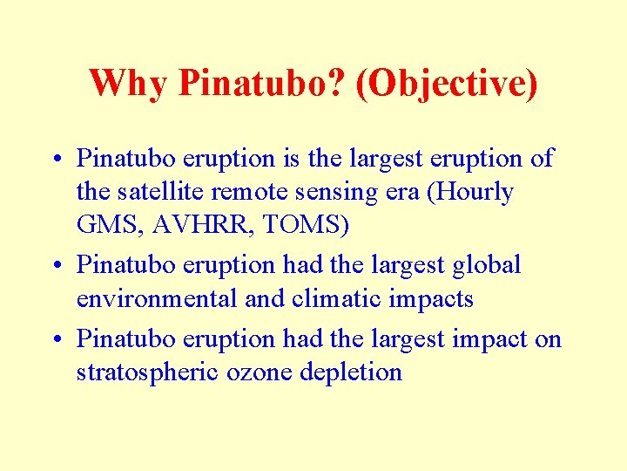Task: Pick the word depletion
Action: tap(351, 372)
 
